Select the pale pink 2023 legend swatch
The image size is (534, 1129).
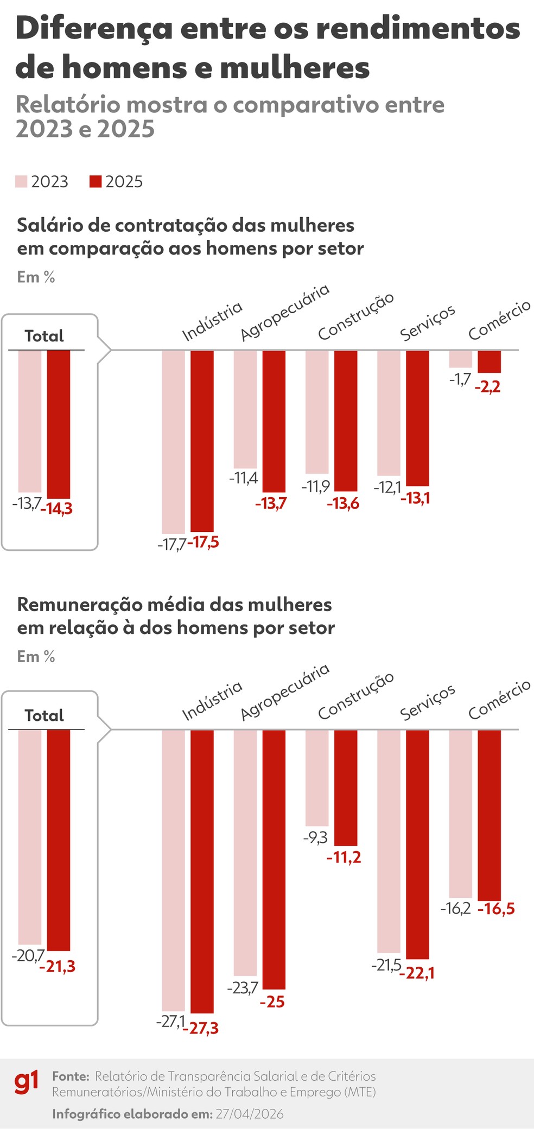[x=21, y=182]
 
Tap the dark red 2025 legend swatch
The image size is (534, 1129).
[x=96, y=182]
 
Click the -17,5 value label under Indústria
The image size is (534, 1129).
[x=203, y=542]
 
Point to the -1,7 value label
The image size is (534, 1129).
[x=460, y=379]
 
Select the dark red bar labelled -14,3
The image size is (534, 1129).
[x=59, y=424]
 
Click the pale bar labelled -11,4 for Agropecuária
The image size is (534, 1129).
[x=245, y=409]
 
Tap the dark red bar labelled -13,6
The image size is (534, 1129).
[x=346, y=421]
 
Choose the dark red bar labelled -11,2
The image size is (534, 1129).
[x=346, y=788]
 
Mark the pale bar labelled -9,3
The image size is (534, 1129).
[x=317, y=778]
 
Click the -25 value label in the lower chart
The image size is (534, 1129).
[x=272, y=1002]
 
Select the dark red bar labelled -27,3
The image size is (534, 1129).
[x=202, y=871]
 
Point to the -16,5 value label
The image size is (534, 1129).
[x=496, y=909]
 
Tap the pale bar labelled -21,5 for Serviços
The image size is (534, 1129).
[x=389, y=841]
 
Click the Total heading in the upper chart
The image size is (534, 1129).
[x=44, y=336]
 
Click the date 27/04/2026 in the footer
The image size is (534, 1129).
[x=250, y=1114]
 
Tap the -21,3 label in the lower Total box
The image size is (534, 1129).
[x=58, y=967]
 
